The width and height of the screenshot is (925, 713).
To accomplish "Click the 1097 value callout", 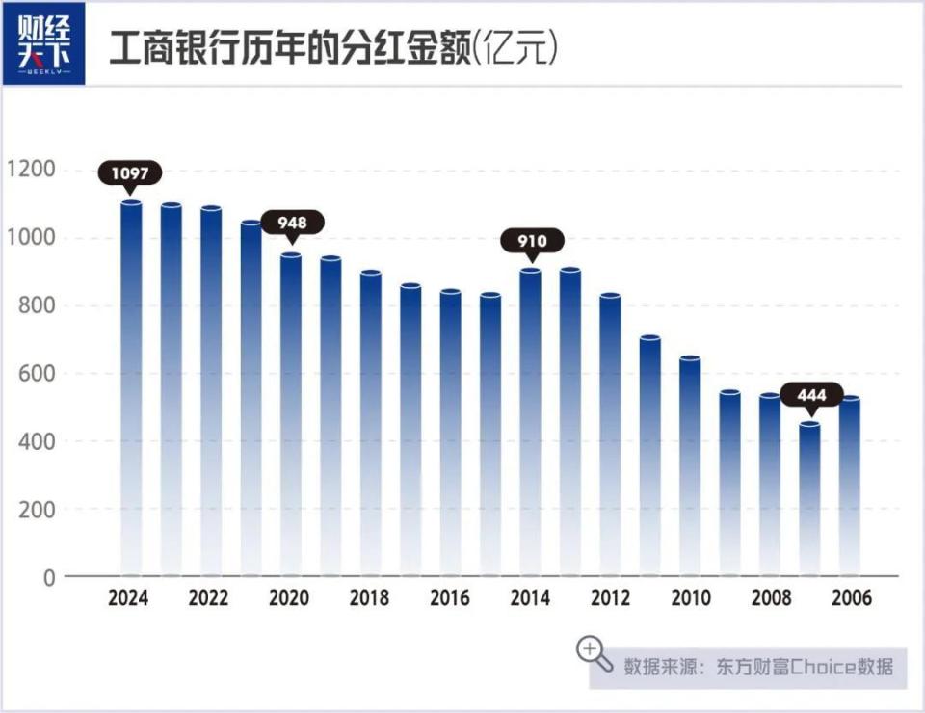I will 130,173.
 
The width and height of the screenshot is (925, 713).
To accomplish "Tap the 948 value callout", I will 292,224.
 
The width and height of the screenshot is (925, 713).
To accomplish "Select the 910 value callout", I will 531,241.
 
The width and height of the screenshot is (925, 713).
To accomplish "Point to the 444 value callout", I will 811,395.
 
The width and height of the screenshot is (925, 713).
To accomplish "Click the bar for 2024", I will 130,385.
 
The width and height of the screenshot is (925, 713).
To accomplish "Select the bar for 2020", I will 290,414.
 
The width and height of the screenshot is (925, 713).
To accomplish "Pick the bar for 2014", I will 530,424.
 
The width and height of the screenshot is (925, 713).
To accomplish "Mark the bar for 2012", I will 610,434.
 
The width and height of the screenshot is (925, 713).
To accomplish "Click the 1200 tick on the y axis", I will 31,171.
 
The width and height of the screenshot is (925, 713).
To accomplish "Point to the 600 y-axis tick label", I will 38,374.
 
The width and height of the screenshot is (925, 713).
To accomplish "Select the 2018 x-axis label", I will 370,598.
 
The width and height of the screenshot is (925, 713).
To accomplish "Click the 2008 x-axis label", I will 770,598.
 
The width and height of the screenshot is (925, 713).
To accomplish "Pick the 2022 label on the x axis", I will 209,598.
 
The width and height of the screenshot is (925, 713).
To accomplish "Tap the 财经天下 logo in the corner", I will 44,44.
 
